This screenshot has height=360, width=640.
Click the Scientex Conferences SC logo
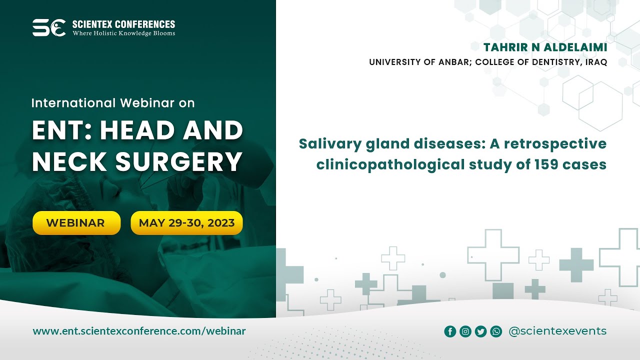point(49,27)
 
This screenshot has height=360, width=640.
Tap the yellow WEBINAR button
point(76,223)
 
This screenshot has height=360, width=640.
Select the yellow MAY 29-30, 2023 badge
point(186,223)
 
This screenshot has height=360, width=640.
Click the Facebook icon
point(450,331)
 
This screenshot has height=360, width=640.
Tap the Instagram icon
point(465,331)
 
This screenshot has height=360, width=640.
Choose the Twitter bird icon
point(480,331)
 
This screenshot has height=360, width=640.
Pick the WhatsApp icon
point(496,331)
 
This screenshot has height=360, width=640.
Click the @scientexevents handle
point(557,331)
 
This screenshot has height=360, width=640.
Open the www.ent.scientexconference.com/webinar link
point(139,331)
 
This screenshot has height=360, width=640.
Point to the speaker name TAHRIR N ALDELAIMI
point(545,47)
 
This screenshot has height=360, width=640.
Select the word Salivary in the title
point(327,144)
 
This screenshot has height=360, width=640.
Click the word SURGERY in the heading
point(179,161)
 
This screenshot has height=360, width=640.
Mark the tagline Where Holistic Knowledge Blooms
point(124,33)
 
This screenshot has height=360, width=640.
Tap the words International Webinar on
point(113,103)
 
